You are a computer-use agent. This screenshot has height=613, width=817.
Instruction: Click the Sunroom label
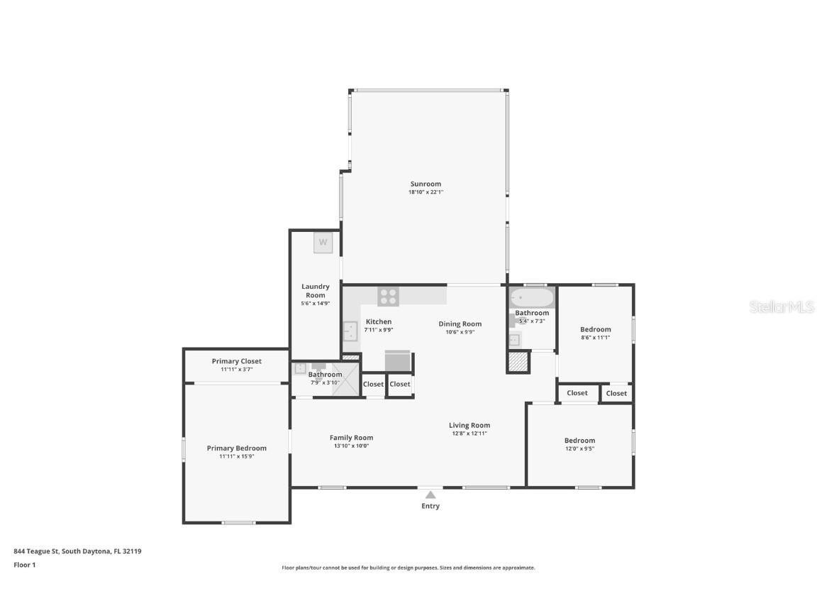[426, 184]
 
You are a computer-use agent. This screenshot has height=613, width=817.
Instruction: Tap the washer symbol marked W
[323, 243]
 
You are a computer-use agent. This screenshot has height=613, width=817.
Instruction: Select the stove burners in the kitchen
[388, 297]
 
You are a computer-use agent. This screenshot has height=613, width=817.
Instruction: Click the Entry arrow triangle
[430, 495]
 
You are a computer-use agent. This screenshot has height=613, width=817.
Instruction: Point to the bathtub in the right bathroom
[531, 298]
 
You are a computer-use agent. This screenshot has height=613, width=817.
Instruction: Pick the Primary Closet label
[237, 361]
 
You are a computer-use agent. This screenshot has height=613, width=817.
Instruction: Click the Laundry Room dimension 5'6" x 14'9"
[315, 304]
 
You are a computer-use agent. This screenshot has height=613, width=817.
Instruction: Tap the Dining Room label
[460, 324]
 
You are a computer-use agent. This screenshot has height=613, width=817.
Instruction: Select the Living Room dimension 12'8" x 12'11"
[469, 433]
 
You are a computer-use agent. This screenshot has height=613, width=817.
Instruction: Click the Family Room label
[351, 438]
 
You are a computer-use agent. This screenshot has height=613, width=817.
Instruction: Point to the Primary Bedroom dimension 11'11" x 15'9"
[237, 457]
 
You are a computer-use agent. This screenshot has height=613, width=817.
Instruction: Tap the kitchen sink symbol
[350, 331]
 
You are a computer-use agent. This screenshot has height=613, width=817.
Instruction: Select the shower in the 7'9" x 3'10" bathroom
[345, 379]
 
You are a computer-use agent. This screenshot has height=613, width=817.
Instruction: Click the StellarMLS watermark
[782, 307]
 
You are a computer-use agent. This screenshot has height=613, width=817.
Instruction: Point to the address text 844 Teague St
[36, 551]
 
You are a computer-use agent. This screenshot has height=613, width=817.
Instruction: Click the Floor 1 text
[25, 565]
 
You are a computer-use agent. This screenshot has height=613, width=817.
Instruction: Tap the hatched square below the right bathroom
[518, 362]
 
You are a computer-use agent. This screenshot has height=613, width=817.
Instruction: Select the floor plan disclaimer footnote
[408, 568]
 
